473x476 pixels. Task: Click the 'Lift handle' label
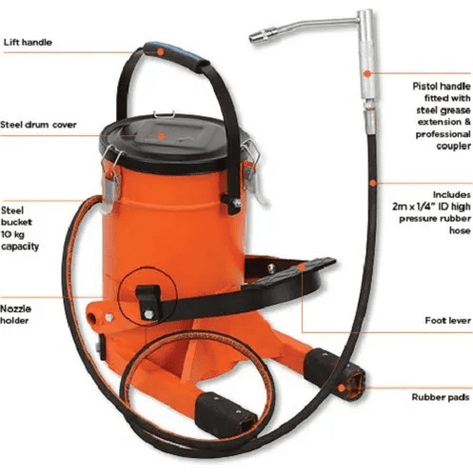[28, 42]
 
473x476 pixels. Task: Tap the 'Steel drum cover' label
[38, 125]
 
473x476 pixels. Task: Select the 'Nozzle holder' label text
[16, 314]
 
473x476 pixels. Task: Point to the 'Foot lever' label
[447, 321]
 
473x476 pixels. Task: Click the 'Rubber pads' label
[441, 397]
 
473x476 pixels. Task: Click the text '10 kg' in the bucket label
[12, 234]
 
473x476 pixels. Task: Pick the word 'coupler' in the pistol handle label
[453, 146]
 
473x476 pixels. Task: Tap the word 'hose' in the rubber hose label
[460, 230]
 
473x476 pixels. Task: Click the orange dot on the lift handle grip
[161, 51]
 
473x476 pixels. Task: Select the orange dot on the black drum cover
[162, 136]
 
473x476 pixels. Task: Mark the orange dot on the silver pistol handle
[367, 73]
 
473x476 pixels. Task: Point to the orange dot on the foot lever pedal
[302, 268]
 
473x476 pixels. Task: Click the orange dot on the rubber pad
[342, 388]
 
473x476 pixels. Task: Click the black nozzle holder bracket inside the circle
[148, 302]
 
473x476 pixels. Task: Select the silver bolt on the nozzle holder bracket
[148, 314]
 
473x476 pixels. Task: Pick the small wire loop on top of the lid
[164, 113]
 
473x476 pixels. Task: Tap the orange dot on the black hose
[373, 183]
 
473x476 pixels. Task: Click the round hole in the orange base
[93, 318]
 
